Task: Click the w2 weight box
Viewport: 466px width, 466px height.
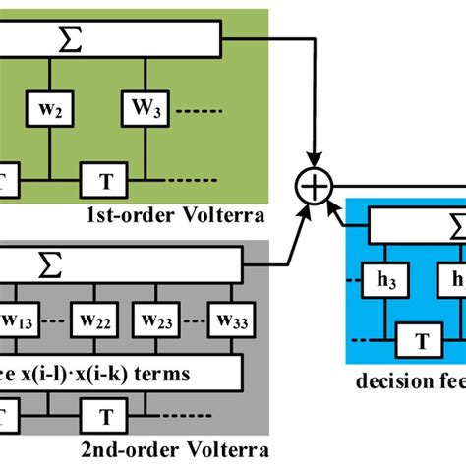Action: point(50,109)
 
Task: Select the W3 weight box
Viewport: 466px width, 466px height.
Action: point(146,109)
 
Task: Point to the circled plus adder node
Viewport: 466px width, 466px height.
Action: point(316,183)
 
